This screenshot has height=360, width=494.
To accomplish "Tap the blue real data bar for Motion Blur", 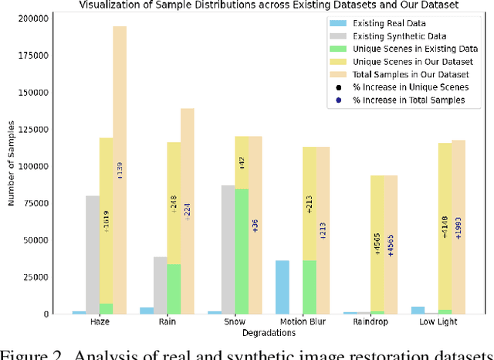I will pyautogui.click(x=283, y=287).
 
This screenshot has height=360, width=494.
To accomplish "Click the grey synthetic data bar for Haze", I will pyautogui.click(x=93, y=254).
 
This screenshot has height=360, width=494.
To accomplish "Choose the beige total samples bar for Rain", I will pyautogui.click(x=188, y=209).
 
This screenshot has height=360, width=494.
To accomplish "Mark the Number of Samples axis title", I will pyautogui.click(x=12, y=166).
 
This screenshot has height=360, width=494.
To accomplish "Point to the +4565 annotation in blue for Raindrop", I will pyautogui.click(x=391, y=244).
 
